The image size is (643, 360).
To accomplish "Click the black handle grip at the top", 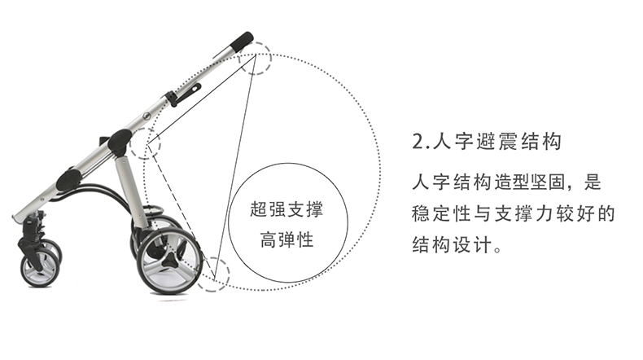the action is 241,41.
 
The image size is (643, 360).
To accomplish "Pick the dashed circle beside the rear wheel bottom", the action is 215,272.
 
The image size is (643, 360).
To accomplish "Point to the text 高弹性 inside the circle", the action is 287,242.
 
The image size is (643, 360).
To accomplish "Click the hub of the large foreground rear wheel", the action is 169,260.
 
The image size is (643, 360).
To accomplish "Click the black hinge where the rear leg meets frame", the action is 119,142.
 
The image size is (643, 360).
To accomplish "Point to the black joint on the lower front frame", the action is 68,178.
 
